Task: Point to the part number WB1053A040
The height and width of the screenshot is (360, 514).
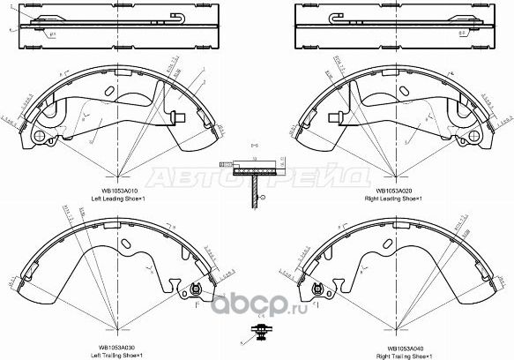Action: tap(394, 347)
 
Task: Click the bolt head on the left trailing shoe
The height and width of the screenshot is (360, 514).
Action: tap(197, 291)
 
